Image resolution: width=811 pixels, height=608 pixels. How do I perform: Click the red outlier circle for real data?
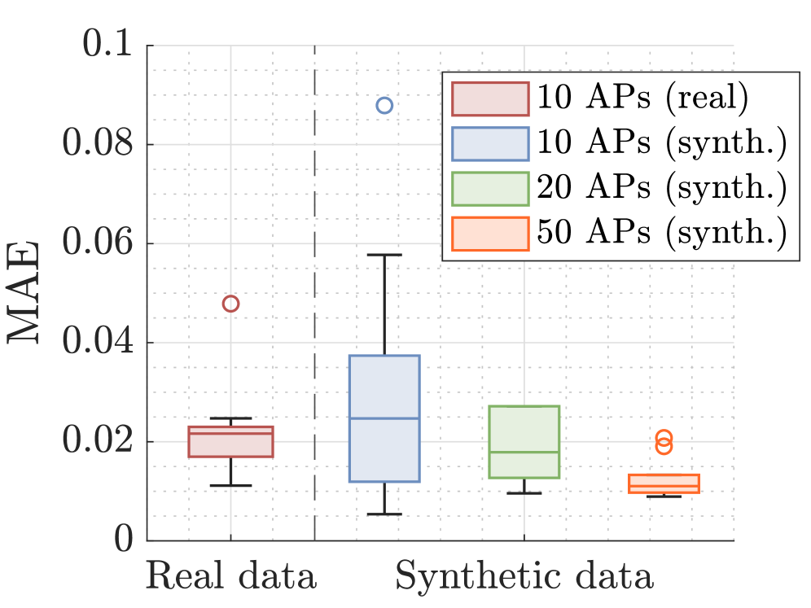[230, 304]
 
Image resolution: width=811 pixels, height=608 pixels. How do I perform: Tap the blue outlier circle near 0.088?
[384, 105]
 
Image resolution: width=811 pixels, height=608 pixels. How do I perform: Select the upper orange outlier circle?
[664, 438]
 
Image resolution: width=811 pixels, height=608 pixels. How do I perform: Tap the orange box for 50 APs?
[664, 483]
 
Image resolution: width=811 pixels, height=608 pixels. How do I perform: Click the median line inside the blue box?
[384, 418]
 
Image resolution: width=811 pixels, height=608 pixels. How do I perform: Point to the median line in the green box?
[524, 452]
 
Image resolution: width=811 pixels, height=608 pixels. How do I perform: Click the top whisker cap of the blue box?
[384, 255]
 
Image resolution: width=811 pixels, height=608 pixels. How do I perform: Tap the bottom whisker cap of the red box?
[230, 486]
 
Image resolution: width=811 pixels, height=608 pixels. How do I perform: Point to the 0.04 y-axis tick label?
[99, 343]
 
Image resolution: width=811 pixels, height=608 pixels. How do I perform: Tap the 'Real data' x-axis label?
[231, 577]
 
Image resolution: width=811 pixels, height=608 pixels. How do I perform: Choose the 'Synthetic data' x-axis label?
[524, 577]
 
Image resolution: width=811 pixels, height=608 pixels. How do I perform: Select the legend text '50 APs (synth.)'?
[660, 234]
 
